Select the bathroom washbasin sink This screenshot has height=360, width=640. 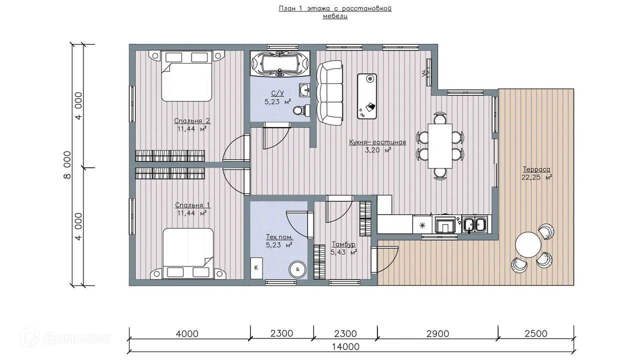(305, 90)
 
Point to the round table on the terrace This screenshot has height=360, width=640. (528, 244)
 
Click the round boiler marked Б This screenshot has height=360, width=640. (297, 269)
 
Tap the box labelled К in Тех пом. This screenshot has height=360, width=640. (256, 268)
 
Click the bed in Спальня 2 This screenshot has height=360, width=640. (187, 75)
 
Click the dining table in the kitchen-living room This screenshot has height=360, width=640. (439, 145)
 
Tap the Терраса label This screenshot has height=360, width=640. (536, 169)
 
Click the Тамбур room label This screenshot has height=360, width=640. (343, 244)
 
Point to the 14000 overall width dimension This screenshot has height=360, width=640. (345, 347)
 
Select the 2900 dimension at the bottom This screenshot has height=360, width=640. (437, 333)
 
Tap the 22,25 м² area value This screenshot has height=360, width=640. (536, 177)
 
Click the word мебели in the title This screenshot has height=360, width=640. (335, 16)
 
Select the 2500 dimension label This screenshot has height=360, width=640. (536, 333)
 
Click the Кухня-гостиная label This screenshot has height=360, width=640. (377, 142)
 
